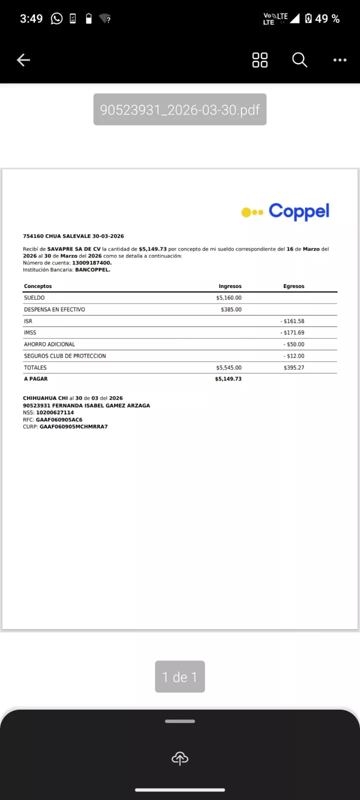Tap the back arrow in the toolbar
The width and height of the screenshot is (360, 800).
[x=23, y=60]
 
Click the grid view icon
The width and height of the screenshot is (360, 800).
[x=260, y=60]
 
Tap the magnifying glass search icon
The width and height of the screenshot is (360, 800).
[x=299, y=60]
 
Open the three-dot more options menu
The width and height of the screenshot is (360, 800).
[x=340, y=60]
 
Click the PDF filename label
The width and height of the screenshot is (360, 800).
[x=180, y=109]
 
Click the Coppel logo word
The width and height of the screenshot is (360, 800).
[x=299, y=211]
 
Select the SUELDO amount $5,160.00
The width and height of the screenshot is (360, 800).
[x=228, y=298]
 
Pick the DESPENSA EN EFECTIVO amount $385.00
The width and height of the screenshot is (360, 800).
[x=231, y=309]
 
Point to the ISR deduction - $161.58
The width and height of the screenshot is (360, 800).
[x=292, y=321]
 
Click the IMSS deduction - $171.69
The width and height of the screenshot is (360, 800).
[x=292, y=332]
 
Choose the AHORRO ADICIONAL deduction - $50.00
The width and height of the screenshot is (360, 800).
[x=294, y=344]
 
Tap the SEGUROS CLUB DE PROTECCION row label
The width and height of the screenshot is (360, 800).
[x=65, y=356]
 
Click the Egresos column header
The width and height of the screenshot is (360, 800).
[x=293, y=286]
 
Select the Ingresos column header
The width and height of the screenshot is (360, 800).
[x=230, y=286]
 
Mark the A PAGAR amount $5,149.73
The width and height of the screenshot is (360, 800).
[x=228, y=379]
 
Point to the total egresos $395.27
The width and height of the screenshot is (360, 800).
[x=293, y=367]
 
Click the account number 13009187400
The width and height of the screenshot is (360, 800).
[x=91, y=263]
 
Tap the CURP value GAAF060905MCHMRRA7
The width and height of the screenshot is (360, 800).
[x=73, y=427]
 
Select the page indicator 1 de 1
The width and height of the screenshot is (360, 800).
[x=180, y=677]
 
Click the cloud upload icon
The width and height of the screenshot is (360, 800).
[x=180, y=758]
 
